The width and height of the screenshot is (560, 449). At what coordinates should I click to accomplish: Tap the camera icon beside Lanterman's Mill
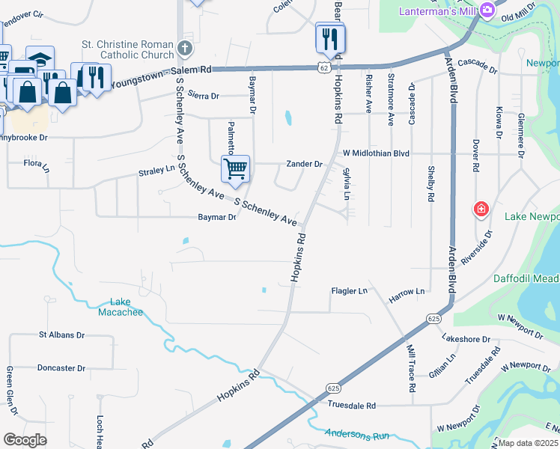pyautogui.click(x=487, y=10)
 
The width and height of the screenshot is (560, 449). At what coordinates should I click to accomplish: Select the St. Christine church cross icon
pyautogui.click(x=185, y=49)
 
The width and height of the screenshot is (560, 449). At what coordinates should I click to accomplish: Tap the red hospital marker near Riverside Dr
pyautogui.click(x=481, y=210)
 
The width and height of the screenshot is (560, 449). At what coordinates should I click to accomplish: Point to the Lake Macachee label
pyautogui.click(x=121, y=306)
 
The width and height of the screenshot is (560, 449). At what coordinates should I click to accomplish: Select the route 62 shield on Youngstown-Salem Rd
pyautogui.click(x=323, y=67)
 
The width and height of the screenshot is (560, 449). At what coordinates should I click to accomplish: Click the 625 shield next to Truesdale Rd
pyautogui.click(x=334, y=388)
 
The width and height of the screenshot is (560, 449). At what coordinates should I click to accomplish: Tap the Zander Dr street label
pyautogui.click(x=304, y=164)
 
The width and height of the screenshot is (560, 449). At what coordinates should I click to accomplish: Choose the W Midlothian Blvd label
pyautogui.click(x=376, y=153)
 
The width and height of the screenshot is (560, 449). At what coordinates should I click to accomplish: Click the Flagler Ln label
pyautogui.click(x=350, y=290)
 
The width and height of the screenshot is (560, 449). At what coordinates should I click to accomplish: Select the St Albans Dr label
pyautogui.click(x=61, y=335)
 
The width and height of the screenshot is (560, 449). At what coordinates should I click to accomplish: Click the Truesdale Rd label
pyautogui.click(x=351, y=405)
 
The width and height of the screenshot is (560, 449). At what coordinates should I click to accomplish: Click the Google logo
pyautogui.click(x=25, y=440)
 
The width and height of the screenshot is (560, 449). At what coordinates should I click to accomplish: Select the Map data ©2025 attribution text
pyautogui.click(x=528, y=443)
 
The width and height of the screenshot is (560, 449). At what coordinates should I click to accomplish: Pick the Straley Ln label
pyautogui.click(x=156, y=171)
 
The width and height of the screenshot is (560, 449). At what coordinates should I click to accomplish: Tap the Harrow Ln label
pyautogui.click(x=407, y=290)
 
